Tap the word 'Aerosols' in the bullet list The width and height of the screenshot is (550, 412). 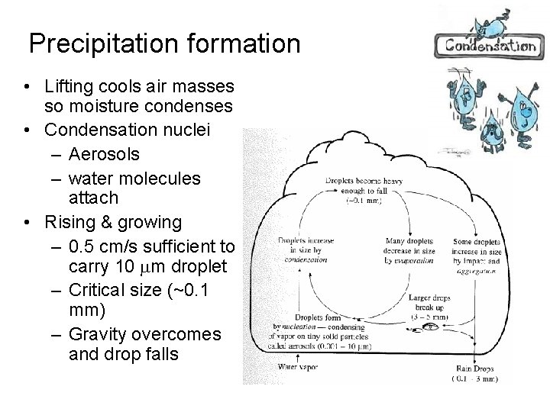pos(104,155)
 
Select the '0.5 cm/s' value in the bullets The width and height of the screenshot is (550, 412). pos(103,247)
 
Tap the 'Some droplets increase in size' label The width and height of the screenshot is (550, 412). pos(477,246)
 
